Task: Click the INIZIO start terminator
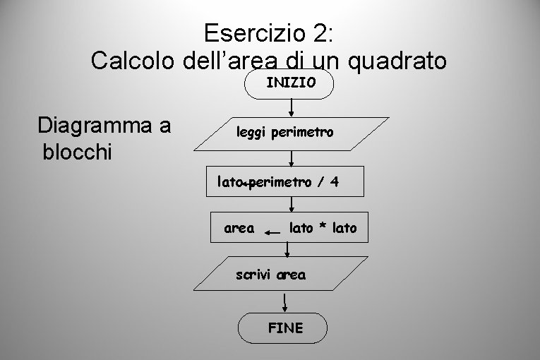tap(290, 83)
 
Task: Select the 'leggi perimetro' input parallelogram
tap(291, 133)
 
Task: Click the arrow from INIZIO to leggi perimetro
tap(292, 107)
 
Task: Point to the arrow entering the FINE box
tap(284, 303)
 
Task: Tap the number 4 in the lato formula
tap(334, 181)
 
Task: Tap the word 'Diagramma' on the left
tap(104, 126)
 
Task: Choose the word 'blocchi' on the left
tap(77, 152)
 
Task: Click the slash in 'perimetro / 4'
tap(318, 181)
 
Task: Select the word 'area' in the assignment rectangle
tap(239, 228)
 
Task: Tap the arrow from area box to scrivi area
tap(287, 248)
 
